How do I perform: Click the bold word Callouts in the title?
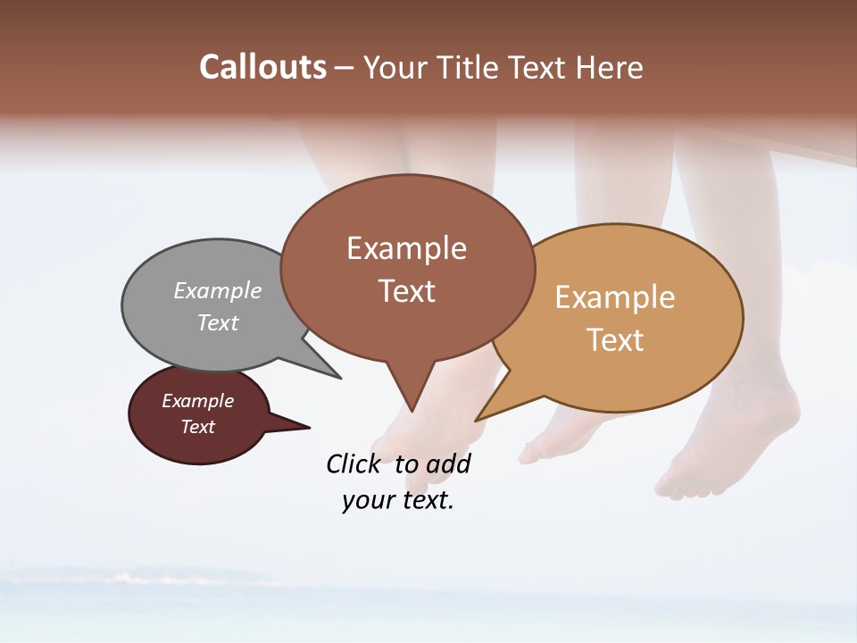point(262,67)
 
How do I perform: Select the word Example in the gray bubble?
point(218,290)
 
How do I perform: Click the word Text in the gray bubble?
point(218,322)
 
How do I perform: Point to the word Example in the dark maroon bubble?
point(197,401)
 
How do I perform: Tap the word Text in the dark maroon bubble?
point(198,427)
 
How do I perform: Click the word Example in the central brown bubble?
point(406,247)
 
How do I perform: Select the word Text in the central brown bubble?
point(407,290)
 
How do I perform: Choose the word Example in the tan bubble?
point(615,296)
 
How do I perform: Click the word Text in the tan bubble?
point(615,339)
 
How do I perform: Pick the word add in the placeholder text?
point(448,463)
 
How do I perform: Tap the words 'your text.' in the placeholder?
point(397,500)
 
